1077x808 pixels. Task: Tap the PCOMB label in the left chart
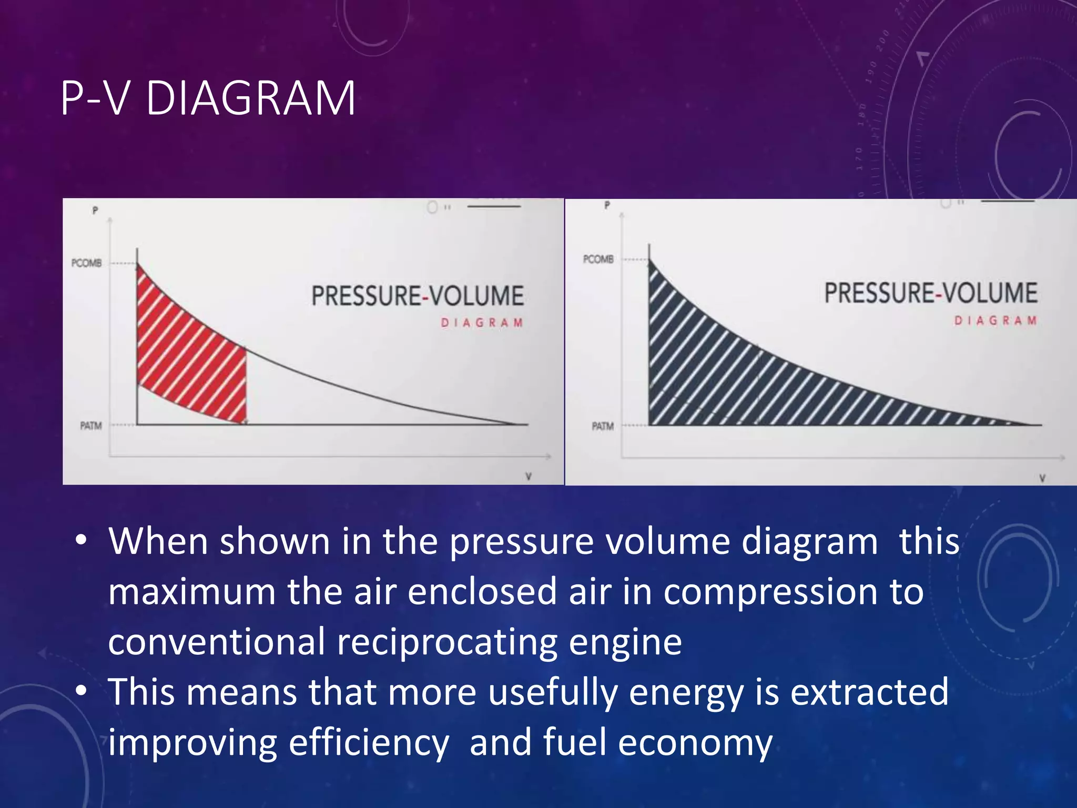pyautogui.click(x=87, y=262)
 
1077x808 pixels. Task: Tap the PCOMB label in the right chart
pyautogui.click(x=598, y=259)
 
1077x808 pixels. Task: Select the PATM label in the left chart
pyautogui.click(x=90, y=426)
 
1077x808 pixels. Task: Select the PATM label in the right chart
pyautogui.click(x=603, y=426)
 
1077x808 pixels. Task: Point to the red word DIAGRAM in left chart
pyautogui.click(x=482, y=322)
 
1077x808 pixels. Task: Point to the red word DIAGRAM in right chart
pyautogui.click(x=995, y=320)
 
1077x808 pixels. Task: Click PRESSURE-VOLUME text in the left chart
pyautogui.click(x=418, y=296)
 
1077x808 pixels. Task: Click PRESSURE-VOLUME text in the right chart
pyautogui.click(x=931, y=293)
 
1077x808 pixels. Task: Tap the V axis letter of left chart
pyautogui.click(x=529, y=476)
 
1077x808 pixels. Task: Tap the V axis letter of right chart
pyautogui.click(x=1042, y=478)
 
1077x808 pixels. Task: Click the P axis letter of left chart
pyautogui.click(x=95, y=210)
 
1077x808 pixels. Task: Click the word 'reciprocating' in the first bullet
pyautogui.click(x=446, y=643)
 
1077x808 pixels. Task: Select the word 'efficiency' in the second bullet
pyautogui.click(x=369, y=743)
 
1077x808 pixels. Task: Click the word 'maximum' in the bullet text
pyautogui.click(x=191, y=592)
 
